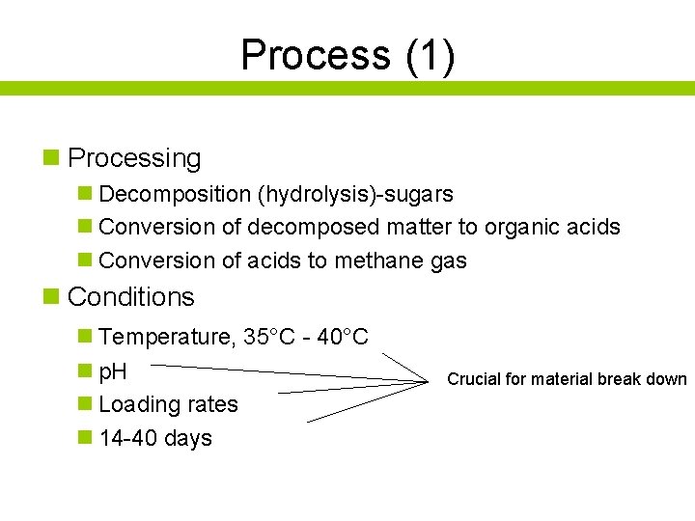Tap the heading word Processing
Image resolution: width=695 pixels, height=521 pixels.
pos(134,158)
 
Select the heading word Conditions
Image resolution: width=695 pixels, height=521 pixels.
pos(131,297)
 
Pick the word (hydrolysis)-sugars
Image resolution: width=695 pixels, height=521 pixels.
pos(354,194)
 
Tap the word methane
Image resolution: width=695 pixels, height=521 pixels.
pos(363,260)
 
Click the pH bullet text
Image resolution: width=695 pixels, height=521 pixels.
pos(113,371)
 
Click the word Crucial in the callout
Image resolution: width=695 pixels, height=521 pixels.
pos(473,379)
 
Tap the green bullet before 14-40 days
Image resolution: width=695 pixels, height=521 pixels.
pos(85,438)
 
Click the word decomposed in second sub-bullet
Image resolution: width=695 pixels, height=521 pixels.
pos(314,228)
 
